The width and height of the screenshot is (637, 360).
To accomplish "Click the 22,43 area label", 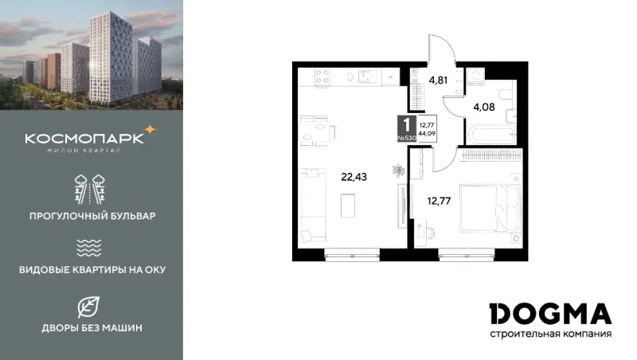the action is pos(354,177).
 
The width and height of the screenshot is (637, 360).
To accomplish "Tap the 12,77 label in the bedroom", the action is pos(439,201).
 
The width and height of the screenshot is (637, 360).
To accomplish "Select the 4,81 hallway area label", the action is pos(438,80).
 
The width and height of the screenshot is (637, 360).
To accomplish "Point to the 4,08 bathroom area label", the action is pos(484,108).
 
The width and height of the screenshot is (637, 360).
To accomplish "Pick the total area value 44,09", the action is pos(427,133).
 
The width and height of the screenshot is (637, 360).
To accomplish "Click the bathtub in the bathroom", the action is pos(490,135).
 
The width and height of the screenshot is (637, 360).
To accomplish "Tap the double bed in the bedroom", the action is pos(490,209).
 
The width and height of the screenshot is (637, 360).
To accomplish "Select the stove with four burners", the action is pos(322,76).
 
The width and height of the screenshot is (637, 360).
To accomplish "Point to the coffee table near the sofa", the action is pos(348,205).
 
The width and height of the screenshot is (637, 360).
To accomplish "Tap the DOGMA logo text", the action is pos(550,314).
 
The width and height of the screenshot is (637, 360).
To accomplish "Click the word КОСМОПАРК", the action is pos(84,139).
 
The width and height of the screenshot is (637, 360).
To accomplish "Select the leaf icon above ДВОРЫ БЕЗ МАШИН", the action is pos(88,307).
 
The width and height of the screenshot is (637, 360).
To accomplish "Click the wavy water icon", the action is pos(88,248).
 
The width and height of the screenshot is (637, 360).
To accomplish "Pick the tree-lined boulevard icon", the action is pos(90,190).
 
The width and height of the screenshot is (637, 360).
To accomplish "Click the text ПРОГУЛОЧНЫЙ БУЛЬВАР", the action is pos(92,216).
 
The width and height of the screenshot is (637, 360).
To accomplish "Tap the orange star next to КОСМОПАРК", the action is pos(150,130).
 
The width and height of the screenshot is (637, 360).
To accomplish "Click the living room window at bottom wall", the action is pos(352,256).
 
